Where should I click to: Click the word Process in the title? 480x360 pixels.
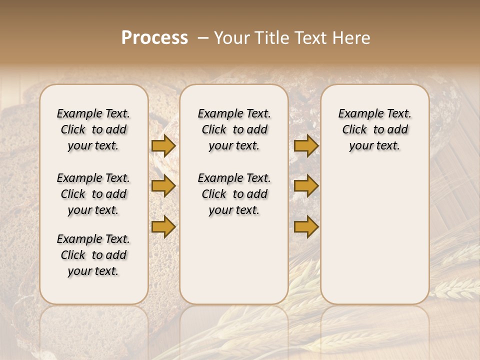tap(154, 38)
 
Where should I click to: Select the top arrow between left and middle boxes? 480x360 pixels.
tap(163, 145)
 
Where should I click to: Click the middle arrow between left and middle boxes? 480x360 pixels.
tap(163, 186)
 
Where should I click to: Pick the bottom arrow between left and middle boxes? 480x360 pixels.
tap(163, 227)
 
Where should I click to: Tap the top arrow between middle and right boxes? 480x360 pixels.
tap(306, 145)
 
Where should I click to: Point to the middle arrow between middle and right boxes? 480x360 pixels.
tap(306, 186)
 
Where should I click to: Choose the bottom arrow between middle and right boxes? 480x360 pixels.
tap(306, 227)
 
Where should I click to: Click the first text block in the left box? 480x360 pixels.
tap(93, 129)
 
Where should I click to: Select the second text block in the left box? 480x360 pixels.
tap(93, 194)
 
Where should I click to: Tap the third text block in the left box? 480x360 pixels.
tap(93, 255)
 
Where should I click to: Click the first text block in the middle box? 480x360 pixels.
tap(234, 129)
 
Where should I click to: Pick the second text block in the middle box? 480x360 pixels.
tap(234, 194)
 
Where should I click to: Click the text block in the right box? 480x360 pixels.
tap(374, 129)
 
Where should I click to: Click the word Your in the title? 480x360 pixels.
tap(232, 38)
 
